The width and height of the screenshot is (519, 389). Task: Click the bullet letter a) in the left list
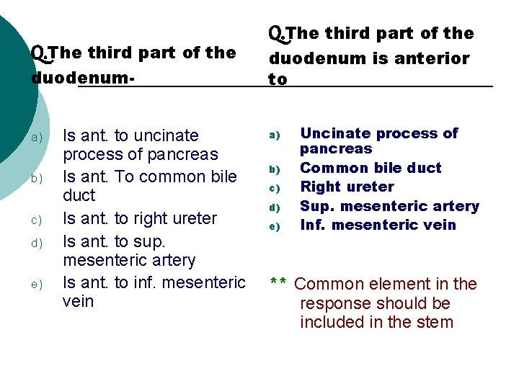[37, 137]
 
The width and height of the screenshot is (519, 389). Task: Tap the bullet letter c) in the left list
[37, 220]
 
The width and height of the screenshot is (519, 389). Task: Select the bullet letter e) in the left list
[37, 284]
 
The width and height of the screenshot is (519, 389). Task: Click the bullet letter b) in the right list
[274, 169]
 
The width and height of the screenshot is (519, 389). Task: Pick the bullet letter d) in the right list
[274, 207]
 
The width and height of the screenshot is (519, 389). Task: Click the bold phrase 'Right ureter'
[347, 187]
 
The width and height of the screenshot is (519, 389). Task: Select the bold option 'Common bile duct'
[371, 168]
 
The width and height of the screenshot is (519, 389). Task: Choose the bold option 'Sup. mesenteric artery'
[389, 207]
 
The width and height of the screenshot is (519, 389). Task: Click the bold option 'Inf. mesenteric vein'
[378, 225]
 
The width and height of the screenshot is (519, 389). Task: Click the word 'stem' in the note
[434, 322]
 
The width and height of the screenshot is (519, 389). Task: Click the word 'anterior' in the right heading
[431, 58]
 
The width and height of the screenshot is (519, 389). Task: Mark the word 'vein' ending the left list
[79, 301]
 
